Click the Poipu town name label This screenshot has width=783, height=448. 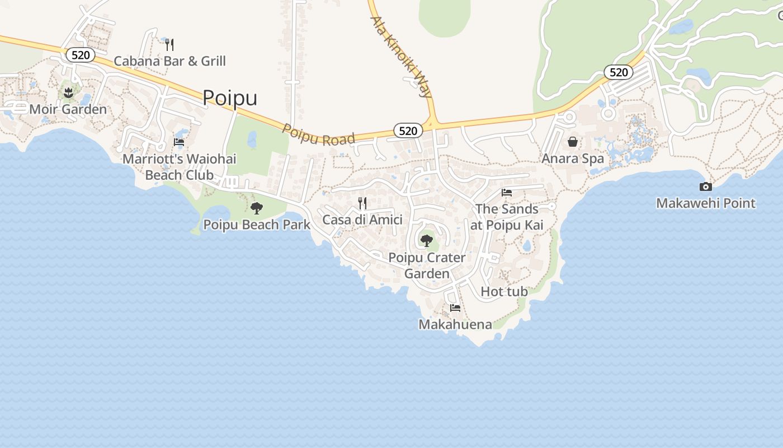(x=230, y=98)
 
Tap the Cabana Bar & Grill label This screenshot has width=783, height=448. (x=169, y=61)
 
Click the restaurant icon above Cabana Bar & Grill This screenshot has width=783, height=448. (x=169, y=44)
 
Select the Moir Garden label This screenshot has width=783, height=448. (x=68, y=109)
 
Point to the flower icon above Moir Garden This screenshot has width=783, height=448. (x=69, y=92)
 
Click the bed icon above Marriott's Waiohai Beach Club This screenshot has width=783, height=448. (x=179, y=142)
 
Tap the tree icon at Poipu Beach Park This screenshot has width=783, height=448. (x=257, y=208)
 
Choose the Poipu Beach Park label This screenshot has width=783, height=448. (x=257, y=225)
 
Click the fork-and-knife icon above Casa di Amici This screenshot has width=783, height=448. (x=362, y=203)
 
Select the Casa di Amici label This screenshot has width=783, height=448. (x=362, y=220)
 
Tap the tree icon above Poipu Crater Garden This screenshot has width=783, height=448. (x=427, y=241)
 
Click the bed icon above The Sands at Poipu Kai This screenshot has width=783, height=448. (x=507, y=192)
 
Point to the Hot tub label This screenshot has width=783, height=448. (x=504, y=292)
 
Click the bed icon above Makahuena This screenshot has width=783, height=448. (x=455, y=308)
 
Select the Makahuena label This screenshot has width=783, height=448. (x=455, y=324)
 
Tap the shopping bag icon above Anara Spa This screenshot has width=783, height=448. (x=573, y=142)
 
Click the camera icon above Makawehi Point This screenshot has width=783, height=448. (x=706, y=186)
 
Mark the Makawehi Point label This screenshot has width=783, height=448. (x=706, y=203)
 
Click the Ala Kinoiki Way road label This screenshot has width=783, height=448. (x=400, y=53)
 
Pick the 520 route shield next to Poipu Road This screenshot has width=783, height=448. (x=408, y=130)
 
